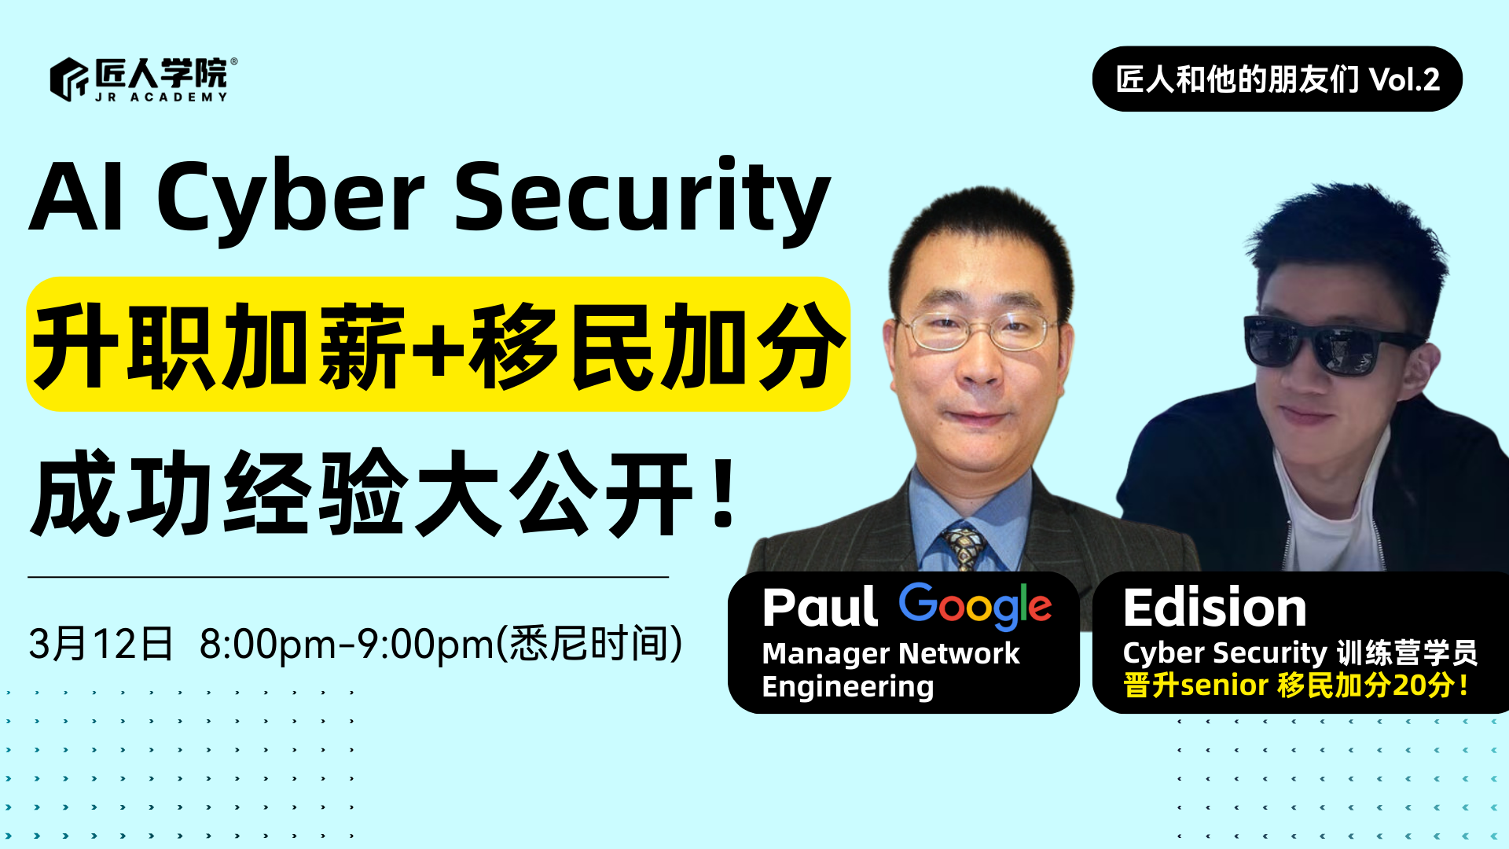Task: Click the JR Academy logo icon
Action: pos(69,79)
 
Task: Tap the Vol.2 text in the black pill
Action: pos(1404,79)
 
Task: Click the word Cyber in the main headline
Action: pos(291,198)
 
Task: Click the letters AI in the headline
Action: pos(76,197)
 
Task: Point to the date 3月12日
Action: pos(101,644)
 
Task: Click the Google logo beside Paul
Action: pos(975,606)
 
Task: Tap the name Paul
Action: pos(820,608)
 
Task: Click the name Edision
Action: pos(1214,608)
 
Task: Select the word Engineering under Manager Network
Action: pos(848,687)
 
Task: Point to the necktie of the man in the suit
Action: pos(963,547)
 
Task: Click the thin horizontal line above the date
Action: pos(348,577)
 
